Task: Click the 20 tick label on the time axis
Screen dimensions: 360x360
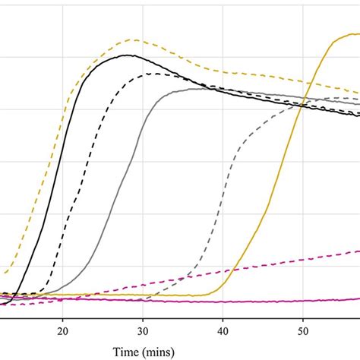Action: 63,330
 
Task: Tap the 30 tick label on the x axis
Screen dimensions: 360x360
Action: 143,330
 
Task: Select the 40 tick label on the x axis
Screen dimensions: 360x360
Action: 223,330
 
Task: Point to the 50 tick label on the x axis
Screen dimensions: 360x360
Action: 303,330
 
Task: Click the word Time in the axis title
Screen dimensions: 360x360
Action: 128,352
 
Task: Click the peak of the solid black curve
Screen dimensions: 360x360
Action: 129,55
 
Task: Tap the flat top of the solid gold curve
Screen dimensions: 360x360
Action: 346,33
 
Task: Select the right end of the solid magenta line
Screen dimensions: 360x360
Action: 358,298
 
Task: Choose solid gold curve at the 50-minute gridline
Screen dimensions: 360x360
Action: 303,103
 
